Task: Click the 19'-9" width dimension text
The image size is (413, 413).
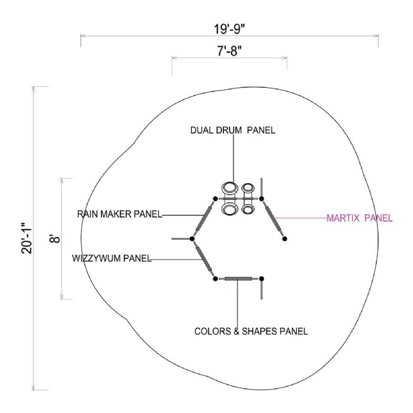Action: pyautogui.click(x=229, y=29)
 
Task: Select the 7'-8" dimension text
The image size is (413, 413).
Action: pyautogui.click(x=229, y=51)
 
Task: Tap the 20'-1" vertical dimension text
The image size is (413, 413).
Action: pyautogui.click(x=27, y=238)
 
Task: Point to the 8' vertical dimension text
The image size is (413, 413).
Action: pyautogui.click(x=55, y=239)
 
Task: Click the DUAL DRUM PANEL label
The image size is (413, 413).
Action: pyautogui.click(x=233, y=130)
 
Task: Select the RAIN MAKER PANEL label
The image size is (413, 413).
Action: pyautogui.click(x=119, y=214)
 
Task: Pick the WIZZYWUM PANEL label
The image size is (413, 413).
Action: pyautogui.click(x=112, y=258)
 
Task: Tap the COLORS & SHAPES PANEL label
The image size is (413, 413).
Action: pyautogui.click(x=251, y=331)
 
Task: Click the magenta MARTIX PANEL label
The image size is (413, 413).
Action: pyautogui.click(x=359, y=218)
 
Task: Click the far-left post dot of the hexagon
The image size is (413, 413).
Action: pyautogui.click(x=192, y=238)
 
